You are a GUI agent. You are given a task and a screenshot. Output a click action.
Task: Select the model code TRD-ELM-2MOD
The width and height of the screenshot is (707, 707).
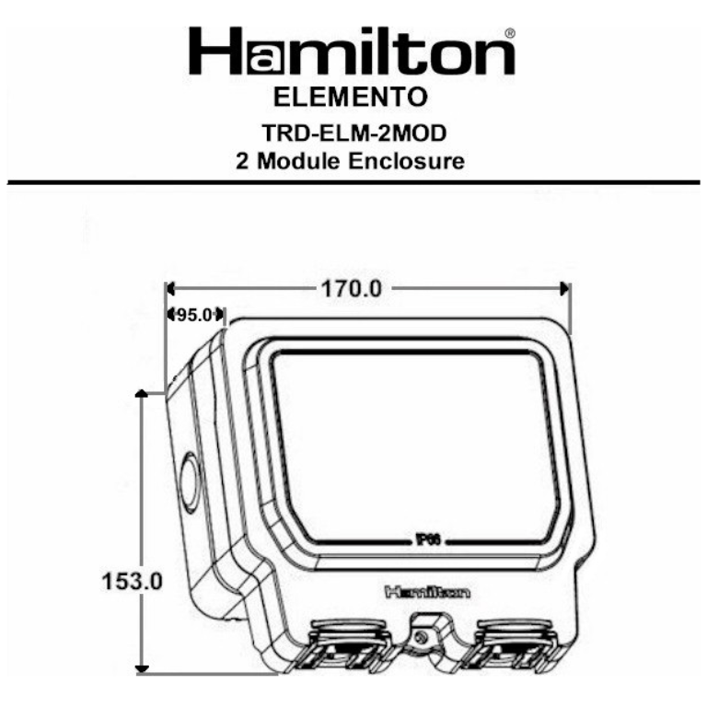tap(354, 133)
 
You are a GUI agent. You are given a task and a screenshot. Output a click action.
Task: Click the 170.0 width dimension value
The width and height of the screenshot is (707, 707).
tap(350, 288)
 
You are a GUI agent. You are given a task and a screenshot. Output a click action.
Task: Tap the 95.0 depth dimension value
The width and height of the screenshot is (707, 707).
tap(194, 315)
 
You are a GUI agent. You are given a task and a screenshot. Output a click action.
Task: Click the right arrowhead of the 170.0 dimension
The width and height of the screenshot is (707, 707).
tap(564, 288)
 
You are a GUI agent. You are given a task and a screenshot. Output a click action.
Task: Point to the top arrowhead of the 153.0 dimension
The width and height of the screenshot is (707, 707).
tap(141, 394)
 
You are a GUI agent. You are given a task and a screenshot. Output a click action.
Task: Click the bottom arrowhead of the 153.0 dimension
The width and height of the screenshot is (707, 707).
tap(141, 667)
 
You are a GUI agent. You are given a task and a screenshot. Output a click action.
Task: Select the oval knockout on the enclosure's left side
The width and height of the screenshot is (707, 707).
tap(189, 482)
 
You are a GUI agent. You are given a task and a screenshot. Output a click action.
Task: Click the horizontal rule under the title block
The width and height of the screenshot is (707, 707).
tap(353, 182)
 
